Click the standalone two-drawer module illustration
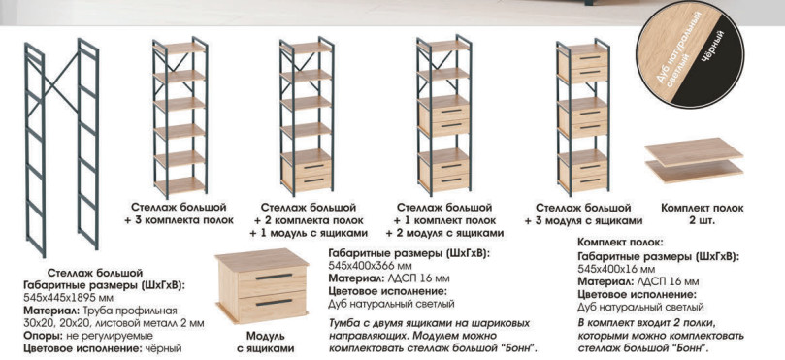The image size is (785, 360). pos(261,286)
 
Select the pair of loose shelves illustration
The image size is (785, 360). pos(694,160)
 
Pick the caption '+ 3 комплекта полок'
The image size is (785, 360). pos(179,220)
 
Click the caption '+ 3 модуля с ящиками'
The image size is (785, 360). pos(583,220)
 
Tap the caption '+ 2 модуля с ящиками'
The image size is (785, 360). pos(444,233)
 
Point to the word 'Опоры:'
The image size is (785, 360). pos(42,336)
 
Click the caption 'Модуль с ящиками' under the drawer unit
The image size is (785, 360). pos(265,342)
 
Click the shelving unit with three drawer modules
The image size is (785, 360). pos(583,118)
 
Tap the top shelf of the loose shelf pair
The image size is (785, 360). pos(694,151)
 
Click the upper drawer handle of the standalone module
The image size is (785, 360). pos(274,277)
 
